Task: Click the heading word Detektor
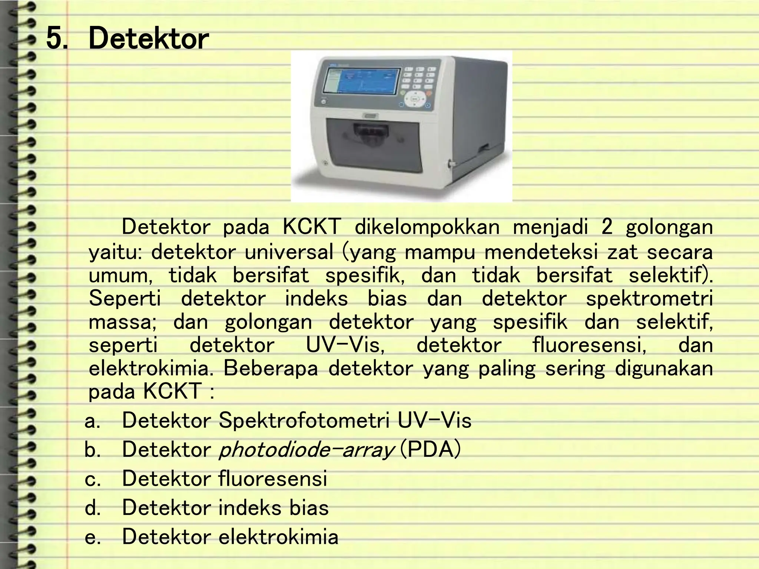(149, 39)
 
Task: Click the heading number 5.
(57, 39)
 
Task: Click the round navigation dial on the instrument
(415, 99)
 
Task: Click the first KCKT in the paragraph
(311, 227)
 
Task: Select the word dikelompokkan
(427, 227)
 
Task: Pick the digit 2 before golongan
(607, 227)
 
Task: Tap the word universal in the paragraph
(289, 252)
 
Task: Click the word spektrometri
(649, 299)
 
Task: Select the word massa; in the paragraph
(123, 322)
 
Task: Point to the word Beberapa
(271, 368)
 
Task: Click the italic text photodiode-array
(306, 450)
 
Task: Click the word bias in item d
(309, 508)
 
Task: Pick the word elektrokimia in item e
(278, 537)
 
